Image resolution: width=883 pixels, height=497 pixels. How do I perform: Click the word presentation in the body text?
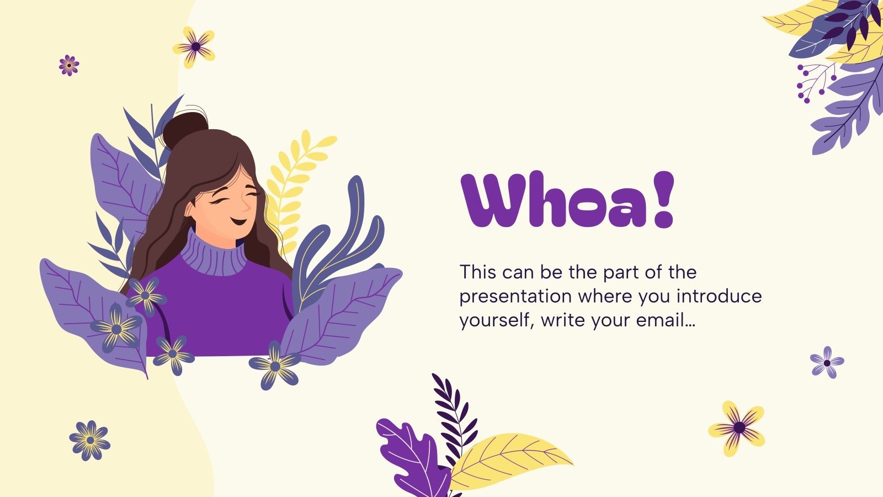pos(516,297)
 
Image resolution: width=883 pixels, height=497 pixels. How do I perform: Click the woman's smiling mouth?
pos(238,221)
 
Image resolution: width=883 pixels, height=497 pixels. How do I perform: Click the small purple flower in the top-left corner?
pos(69,65)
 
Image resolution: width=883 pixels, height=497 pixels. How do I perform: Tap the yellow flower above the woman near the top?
pos(194,47)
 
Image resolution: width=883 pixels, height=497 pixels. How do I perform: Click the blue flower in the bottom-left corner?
pos(89,440)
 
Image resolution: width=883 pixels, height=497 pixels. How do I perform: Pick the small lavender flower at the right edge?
pos(827,362)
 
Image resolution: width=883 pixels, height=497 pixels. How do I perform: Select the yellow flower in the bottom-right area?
pos(738,427)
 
